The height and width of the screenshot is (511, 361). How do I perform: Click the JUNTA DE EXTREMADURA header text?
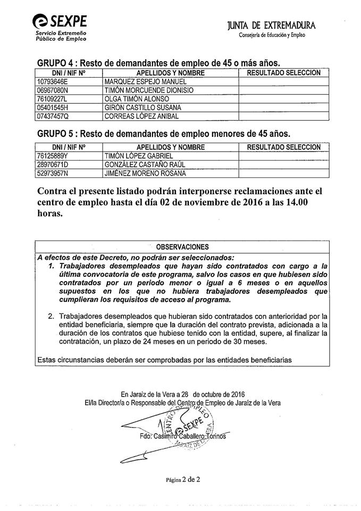271,26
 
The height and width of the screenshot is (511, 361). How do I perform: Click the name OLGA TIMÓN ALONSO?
137,99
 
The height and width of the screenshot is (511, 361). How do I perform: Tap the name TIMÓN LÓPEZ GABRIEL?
139,155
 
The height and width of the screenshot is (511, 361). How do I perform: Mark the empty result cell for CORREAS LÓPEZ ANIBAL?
283,116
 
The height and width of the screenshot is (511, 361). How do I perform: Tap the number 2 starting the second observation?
51,316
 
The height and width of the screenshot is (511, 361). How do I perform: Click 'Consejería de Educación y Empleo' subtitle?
273,35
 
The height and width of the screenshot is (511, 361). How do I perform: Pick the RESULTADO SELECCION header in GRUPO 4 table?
283,72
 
